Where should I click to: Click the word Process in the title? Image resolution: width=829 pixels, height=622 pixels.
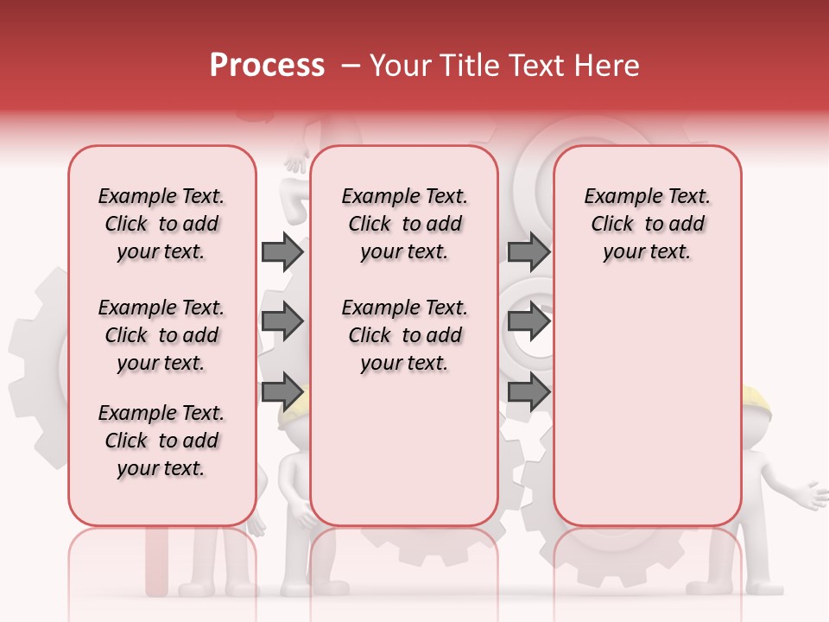267,66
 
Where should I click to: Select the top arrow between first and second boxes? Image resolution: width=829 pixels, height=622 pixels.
282,252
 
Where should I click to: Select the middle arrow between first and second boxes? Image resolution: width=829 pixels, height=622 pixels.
282,321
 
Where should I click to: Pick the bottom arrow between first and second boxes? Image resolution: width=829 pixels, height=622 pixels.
282,390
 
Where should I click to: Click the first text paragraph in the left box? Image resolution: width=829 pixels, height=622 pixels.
161,224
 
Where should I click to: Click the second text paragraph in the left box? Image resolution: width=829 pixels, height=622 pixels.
161,335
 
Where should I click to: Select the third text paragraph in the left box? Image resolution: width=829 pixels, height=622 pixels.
161,441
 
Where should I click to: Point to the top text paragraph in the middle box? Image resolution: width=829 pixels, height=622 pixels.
404,224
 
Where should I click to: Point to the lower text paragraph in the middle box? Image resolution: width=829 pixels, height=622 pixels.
404,335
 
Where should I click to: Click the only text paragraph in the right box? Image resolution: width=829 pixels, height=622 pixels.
647,224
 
